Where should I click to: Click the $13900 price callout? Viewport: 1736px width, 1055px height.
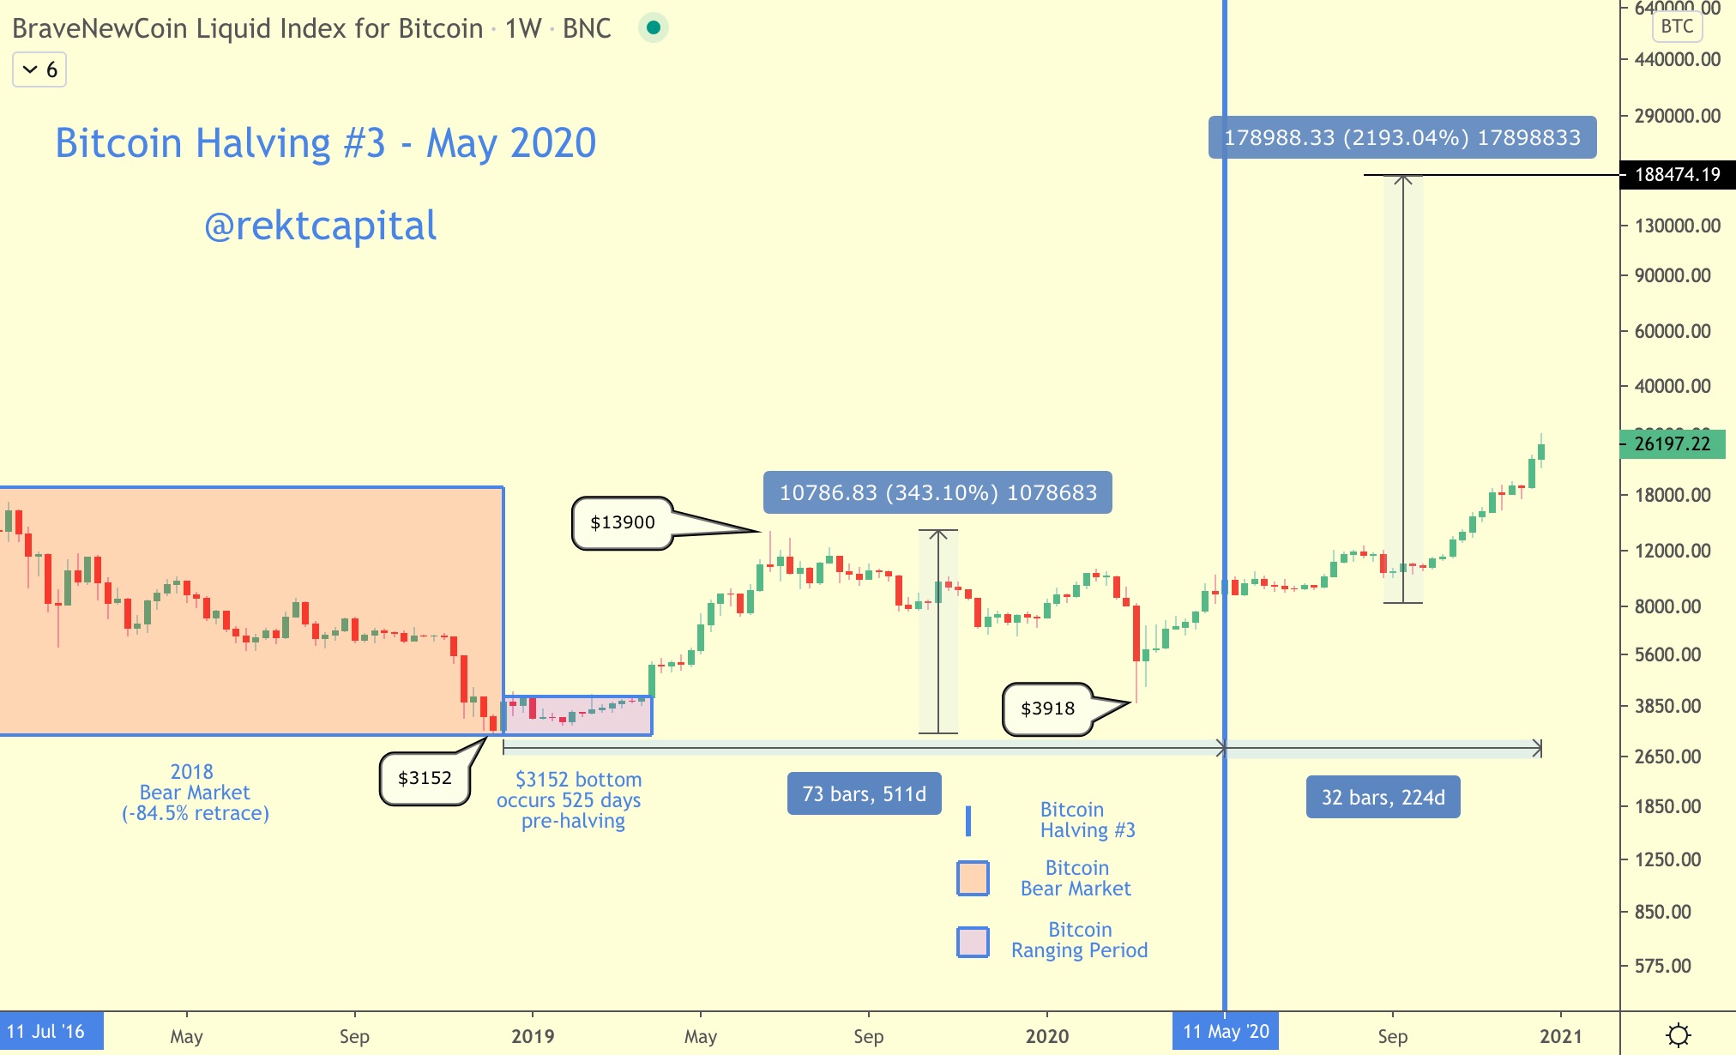[622, 522]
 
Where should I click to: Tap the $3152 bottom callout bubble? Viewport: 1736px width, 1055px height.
[425, 778]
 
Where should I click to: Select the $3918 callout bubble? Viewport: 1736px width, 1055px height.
[1047, 708]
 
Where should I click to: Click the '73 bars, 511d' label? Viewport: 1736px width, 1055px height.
[864, 794]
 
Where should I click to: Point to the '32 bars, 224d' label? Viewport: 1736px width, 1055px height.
[1383, 798]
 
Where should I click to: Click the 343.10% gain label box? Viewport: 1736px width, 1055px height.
[937, 492]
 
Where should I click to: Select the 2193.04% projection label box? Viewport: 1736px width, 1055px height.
[1401, 137]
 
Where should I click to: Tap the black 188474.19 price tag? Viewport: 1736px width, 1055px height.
[1677, 175]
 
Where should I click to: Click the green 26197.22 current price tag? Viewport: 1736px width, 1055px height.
[1672, 444]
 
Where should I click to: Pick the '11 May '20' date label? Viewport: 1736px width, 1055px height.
[1226, 1032]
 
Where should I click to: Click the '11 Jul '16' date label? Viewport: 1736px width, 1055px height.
[47, 1032]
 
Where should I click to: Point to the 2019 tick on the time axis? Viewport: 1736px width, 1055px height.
[533, 1036]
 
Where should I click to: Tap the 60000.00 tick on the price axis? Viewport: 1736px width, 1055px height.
[1672, 331]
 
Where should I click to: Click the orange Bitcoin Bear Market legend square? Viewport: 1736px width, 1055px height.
[973, 878]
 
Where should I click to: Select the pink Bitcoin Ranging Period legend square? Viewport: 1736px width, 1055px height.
[973, 942]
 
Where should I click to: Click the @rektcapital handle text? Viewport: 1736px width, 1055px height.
[320, 226]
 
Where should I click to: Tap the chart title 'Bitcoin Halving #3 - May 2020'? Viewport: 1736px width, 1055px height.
[325, 143]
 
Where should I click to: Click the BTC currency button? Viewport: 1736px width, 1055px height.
[1677, 27]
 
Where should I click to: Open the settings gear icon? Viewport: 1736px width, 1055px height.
[1678, 1035]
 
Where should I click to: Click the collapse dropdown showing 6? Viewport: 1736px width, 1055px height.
[39, 69]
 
